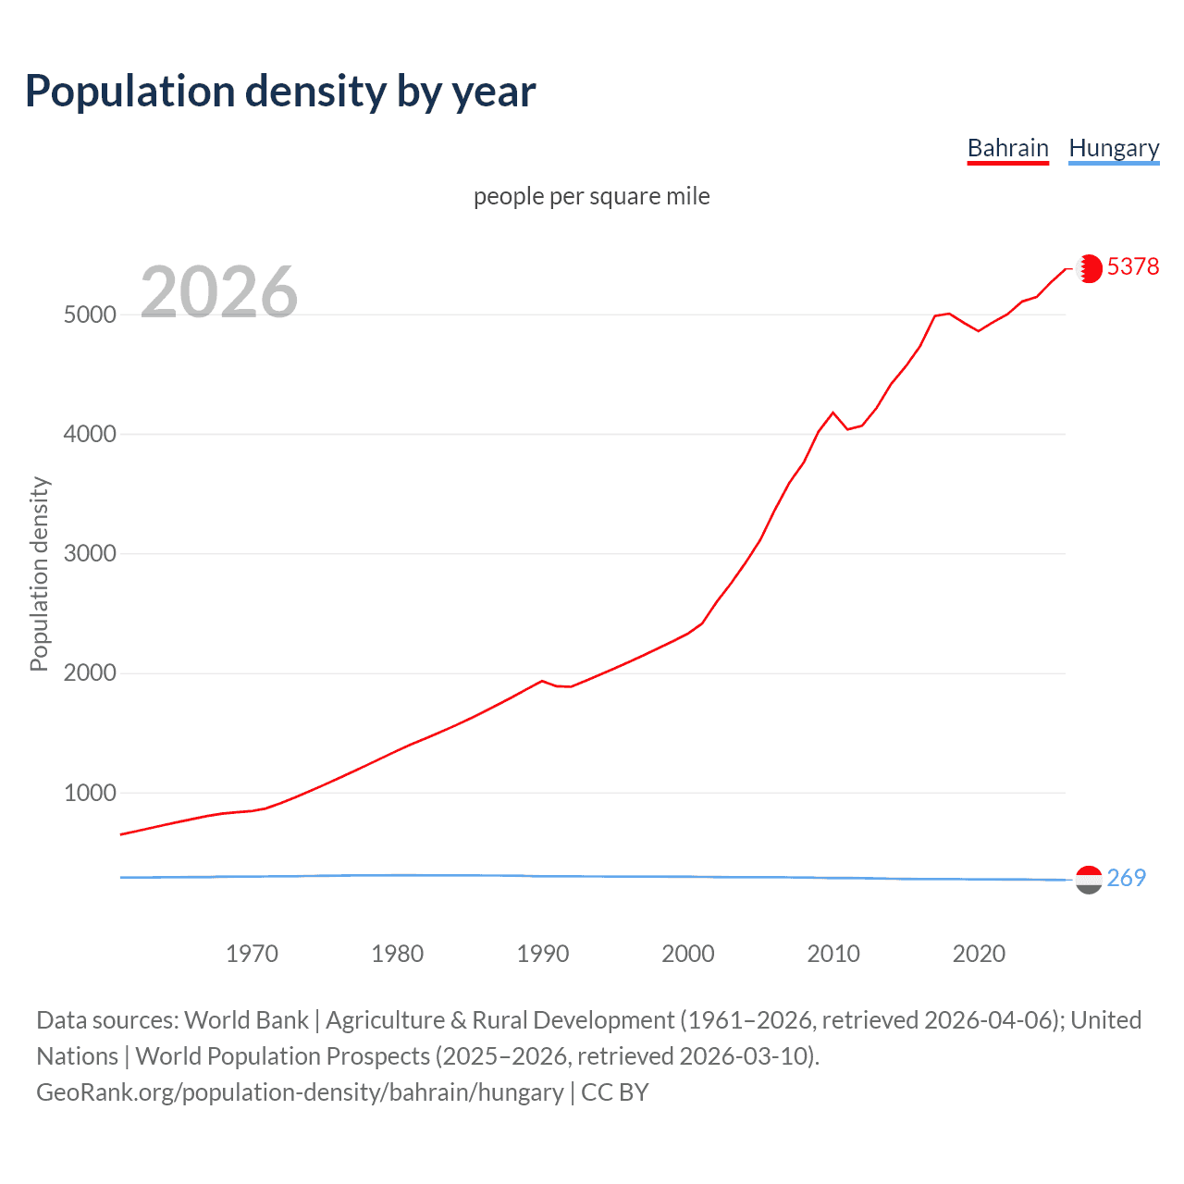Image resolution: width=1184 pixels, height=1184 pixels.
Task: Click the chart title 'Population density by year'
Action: [280, 92]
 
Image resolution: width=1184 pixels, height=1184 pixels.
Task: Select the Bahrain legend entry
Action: [1007, 148]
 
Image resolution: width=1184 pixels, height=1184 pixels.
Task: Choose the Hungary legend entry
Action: [1114, 148]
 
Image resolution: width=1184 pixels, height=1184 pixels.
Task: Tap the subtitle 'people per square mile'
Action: [592, 196]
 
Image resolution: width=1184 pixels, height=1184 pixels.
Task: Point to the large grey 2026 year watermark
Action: [219, 292]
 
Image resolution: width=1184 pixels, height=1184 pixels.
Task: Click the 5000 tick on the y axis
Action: [90, 314]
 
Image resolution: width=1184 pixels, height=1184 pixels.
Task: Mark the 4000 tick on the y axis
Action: [90, 434]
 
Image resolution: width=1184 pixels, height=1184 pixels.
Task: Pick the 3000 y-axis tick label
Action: [90, 553]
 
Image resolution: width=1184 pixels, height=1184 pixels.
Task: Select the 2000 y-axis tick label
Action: [90, 673]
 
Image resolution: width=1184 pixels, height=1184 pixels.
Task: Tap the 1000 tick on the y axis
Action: [90, 793]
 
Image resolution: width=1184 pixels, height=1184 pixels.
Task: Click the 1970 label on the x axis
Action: [252, 954]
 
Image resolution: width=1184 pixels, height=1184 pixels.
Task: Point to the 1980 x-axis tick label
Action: [397, 954]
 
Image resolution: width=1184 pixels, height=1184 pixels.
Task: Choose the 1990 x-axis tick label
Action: [543, 954]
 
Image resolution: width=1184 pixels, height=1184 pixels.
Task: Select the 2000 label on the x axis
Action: [688, 954]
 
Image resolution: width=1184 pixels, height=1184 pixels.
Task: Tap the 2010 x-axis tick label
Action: [833, 954]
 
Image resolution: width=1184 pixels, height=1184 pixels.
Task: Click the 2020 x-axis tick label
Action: [979, 954]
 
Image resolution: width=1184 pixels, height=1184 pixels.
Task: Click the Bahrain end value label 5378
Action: [1132, 266]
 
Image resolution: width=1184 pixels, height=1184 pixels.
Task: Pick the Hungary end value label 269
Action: [1126, 878]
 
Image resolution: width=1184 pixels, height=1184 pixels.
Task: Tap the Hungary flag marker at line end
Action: [1089, 880]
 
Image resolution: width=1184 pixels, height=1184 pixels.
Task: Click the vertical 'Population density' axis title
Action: [39, 573]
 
